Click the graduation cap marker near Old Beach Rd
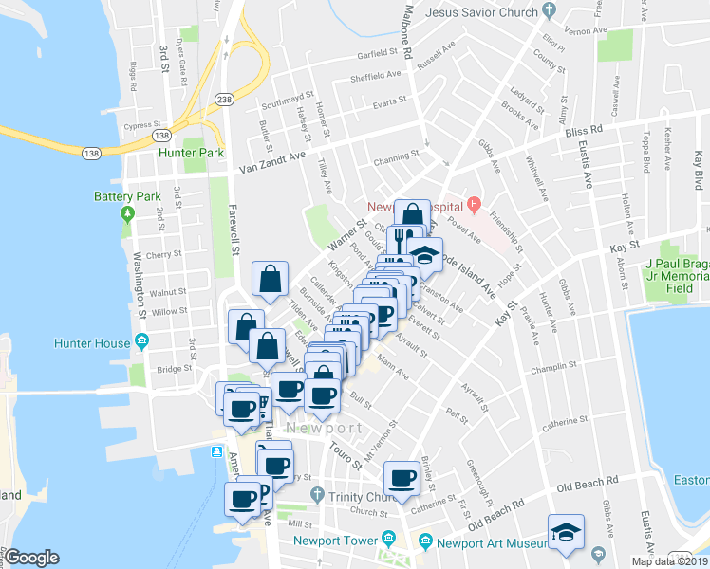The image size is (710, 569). click(566, 533)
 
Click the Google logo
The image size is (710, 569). click(31, 558)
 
